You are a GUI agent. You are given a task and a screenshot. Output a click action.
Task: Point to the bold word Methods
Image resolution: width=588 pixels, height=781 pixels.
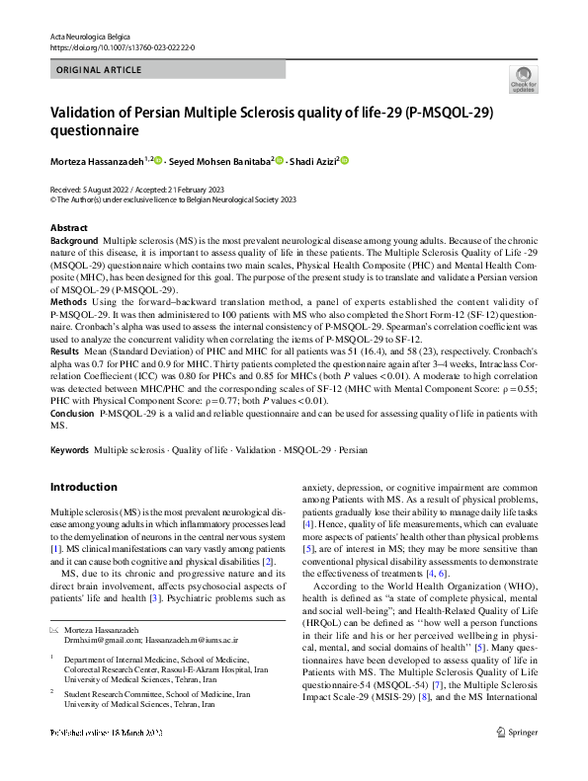[67, 300]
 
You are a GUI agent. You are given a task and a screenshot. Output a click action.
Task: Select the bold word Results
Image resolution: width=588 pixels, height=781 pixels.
[65, 351]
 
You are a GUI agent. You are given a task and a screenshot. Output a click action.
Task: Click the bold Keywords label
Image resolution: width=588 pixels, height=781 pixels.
[69, 450]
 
